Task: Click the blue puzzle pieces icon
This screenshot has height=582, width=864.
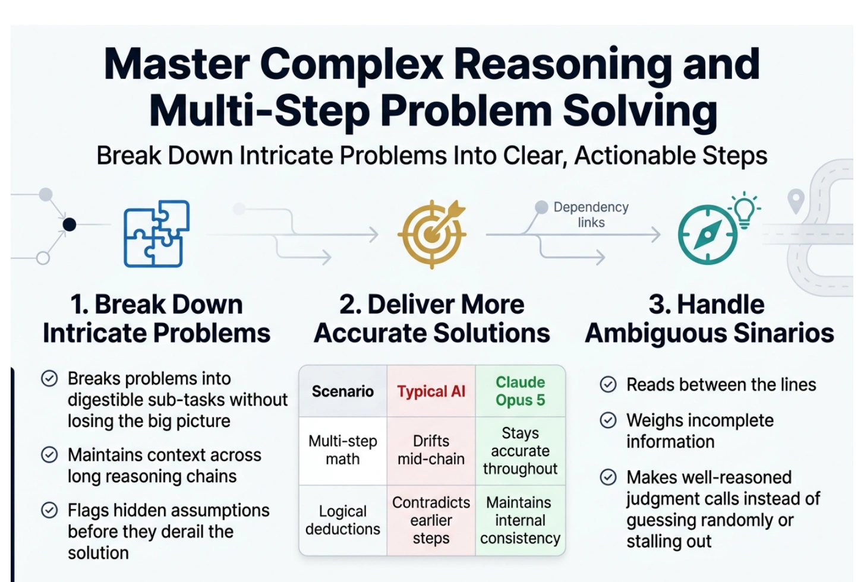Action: point(156,233)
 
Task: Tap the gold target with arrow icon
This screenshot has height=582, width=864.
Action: point(432,234)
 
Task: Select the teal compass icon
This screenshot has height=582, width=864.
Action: point(707,235)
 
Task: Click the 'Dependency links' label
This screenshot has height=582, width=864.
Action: point(591,214)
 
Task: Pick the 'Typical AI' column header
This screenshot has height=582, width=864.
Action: point(431,391)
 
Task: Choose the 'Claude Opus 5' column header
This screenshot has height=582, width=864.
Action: point(521,391)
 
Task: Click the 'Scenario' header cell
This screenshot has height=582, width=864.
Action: point(342,391)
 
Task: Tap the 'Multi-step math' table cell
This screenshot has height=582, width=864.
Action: point(342,450)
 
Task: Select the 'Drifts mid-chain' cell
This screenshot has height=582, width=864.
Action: point(431,450)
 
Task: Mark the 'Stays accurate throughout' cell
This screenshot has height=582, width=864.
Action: point(521,451)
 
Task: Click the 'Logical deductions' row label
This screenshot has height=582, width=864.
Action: point(342,520)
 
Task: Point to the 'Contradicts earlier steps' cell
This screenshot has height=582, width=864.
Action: point(431,520)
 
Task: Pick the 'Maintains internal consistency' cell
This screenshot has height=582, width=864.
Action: point(521,520)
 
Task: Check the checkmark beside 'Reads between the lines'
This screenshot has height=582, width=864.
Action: point(608,384)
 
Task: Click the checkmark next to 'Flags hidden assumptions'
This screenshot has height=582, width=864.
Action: point(49,510)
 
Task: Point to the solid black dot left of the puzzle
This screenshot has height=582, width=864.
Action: point(70,224)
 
